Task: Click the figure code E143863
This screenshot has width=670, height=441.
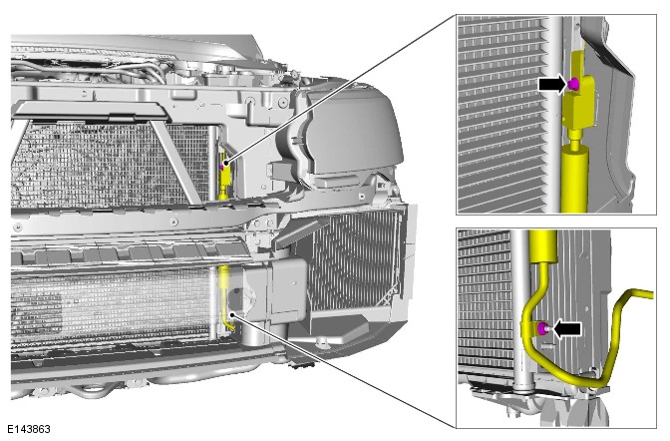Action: [x=29, y=429]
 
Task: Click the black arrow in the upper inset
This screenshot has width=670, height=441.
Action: [x=552, y=84]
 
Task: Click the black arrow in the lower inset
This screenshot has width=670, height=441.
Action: [x=567, y=329]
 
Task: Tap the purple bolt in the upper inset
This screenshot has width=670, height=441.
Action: [x=573, y=84]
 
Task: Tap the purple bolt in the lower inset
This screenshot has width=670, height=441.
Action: [x=543, y=328]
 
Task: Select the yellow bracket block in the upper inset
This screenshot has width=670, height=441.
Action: [x=580, y=92]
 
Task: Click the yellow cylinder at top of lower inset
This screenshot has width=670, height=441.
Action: [x=543, y=245]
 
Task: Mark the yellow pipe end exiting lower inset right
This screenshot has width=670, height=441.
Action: [x=644, y=294]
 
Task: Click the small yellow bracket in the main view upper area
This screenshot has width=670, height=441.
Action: [x=224, y=175]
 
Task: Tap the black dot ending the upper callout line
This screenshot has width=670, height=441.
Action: [x=226, y=163]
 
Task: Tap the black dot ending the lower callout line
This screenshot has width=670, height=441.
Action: [x=232, y=315]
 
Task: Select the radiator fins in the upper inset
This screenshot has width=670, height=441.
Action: [x=502, y=115]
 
